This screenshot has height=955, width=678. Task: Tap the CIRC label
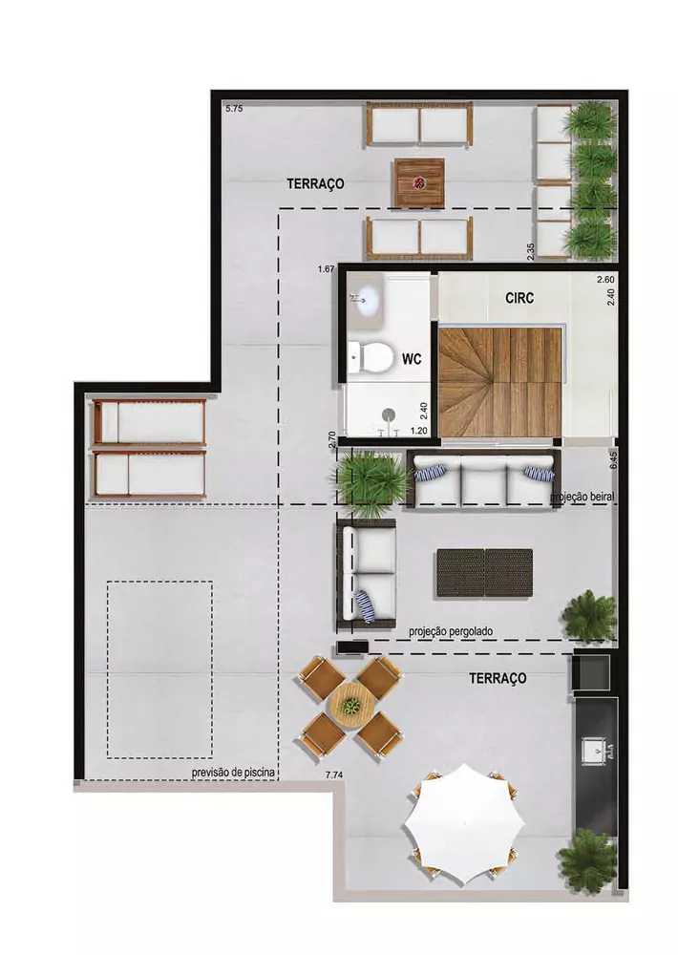(519, 298)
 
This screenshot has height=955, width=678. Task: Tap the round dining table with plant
(351, 707)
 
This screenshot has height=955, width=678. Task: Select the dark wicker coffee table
(485, 573)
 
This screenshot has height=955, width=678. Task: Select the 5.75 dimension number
(235, 109)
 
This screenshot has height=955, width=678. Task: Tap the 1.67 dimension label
(326, 270)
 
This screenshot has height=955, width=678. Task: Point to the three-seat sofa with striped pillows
(483, 480)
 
